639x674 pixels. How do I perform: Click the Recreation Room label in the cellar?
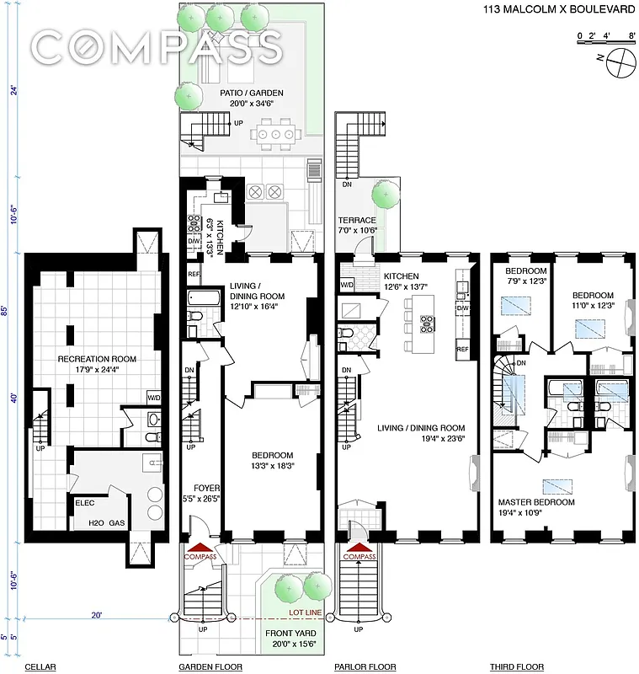(x=97, y=359)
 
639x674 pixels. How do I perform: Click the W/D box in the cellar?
(x=153, y=397)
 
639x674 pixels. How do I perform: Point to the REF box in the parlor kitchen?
(x=462, y=349)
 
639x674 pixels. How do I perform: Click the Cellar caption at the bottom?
(x=40, y=667)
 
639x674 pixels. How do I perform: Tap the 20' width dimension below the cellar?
(x=98, y=616)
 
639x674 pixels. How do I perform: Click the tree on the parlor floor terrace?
(x=385, y=195)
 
